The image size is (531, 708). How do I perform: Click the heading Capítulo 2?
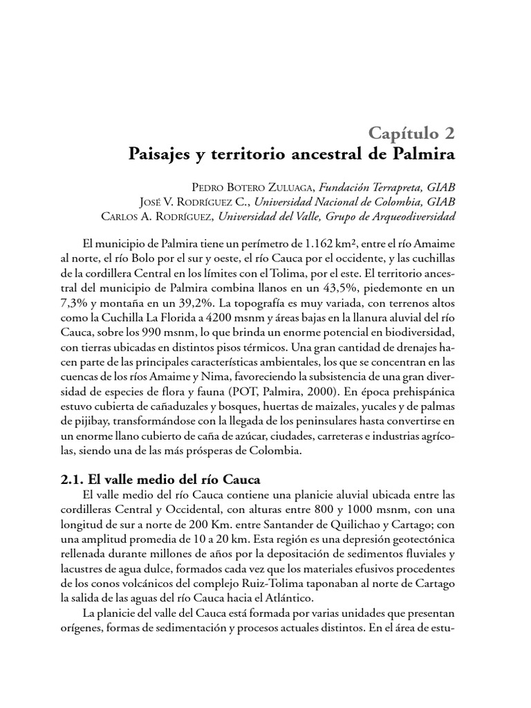pyautogui.click(x=411, y=131)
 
